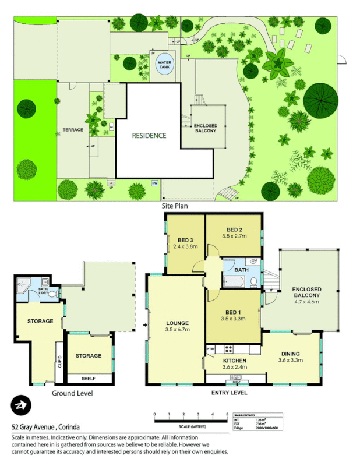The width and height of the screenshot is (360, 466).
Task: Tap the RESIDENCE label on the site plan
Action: (149, 136)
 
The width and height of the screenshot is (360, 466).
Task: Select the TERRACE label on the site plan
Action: (73, 129)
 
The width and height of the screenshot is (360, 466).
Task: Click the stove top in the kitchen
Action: (229, 349)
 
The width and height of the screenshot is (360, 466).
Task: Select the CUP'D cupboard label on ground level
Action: (59, 366)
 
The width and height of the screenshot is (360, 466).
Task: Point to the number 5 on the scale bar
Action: (227, 414)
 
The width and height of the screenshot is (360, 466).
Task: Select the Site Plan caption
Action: (174, 206)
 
